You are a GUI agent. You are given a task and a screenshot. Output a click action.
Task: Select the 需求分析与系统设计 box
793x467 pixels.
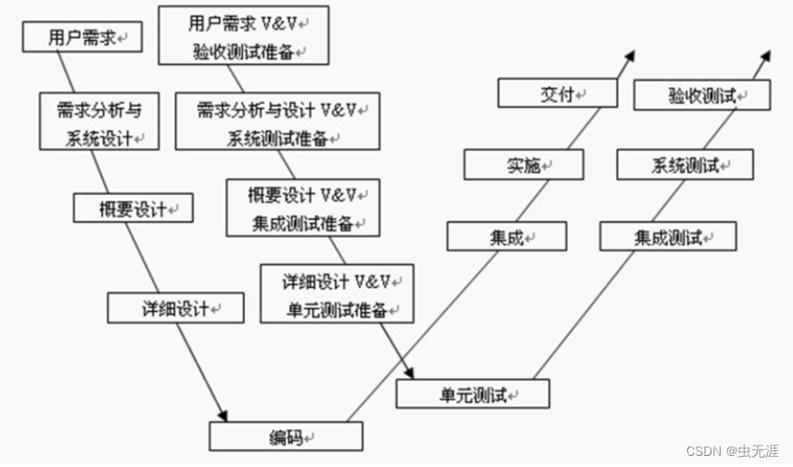coord(98,122)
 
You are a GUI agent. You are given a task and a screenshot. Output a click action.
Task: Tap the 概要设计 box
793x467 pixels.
coord(134,208)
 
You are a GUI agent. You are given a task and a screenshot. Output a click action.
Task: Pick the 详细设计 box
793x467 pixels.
coord(175,307)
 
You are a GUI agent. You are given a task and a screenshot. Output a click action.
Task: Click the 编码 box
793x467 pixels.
coord(286,435)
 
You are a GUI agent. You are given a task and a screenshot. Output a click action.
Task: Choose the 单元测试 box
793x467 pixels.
coord(473,395)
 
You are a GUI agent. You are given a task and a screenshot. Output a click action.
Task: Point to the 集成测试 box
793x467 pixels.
coord(668,237)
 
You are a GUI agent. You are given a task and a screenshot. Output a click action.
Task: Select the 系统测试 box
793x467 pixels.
coord(685,165)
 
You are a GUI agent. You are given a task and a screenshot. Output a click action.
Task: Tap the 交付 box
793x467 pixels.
coord(557,93)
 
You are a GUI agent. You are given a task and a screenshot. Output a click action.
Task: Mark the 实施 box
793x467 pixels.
coord(523,164)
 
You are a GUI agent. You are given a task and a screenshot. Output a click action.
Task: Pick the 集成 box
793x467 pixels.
coord(506,237)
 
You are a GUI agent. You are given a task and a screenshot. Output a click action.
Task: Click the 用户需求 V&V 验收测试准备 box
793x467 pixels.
coord(244,34)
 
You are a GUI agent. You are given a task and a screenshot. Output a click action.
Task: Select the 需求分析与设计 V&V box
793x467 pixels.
coord(277,122)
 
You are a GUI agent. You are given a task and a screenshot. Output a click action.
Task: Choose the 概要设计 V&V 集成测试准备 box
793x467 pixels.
coord(302,207)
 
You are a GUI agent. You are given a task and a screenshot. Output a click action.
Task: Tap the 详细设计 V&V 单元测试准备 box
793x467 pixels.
coord(337,293)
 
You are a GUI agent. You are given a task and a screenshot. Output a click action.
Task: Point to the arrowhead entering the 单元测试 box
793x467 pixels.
coord(409,371)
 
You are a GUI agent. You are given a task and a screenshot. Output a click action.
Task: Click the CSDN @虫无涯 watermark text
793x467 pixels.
coord(734,450)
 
